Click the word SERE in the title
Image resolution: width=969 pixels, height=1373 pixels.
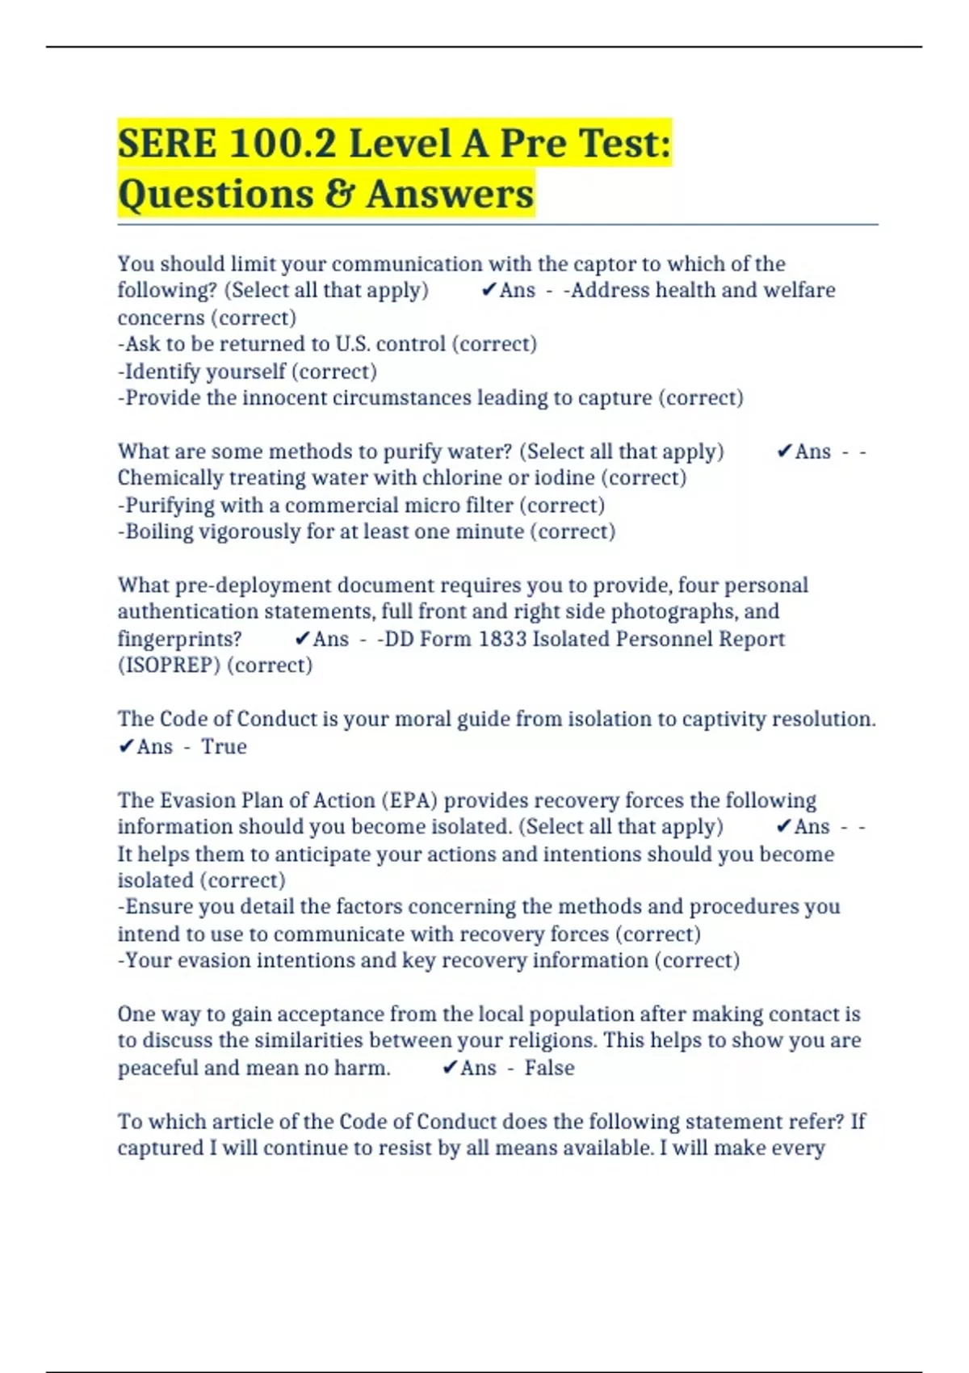click(x=167, y=144)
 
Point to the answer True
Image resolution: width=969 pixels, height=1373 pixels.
click(x=224, y=746)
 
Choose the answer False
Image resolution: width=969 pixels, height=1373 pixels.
click(x=549, y=1068)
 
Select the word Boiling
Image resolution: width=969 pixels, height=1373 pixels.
click(x=159, y=531)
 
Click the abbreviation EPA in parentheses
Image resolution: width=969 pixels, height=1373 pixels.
click(x=413, y=800)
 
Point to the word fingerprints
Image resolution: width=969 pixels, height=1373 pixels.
click(x=179, y=639)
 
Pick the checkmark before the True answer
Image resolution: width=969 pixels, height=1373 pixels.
click(x=125, y=746)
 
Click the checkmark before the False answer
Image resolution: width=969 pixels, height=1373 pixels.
click(x=450, y=1068)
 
